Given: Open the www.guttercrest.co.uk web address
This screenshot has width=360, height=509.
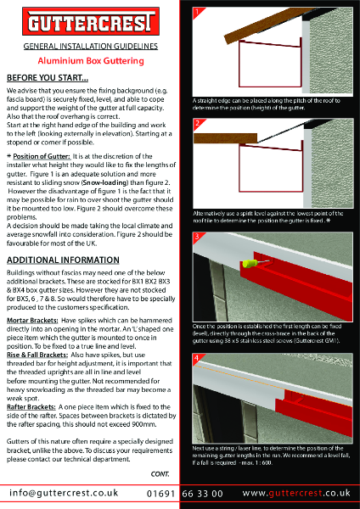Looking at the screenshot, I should point(297,493).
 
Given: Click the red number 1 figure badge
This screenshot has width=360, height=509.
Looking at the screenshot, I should point(198,14).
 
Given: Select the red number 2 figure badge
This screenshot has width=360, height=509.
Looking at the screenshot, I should point(198,124).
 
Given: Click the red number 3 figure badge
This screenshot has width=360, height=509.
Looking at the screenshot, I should point(198,235).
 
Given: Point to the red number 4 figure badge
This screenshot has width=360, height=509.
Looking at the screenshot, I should point(198,358).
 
